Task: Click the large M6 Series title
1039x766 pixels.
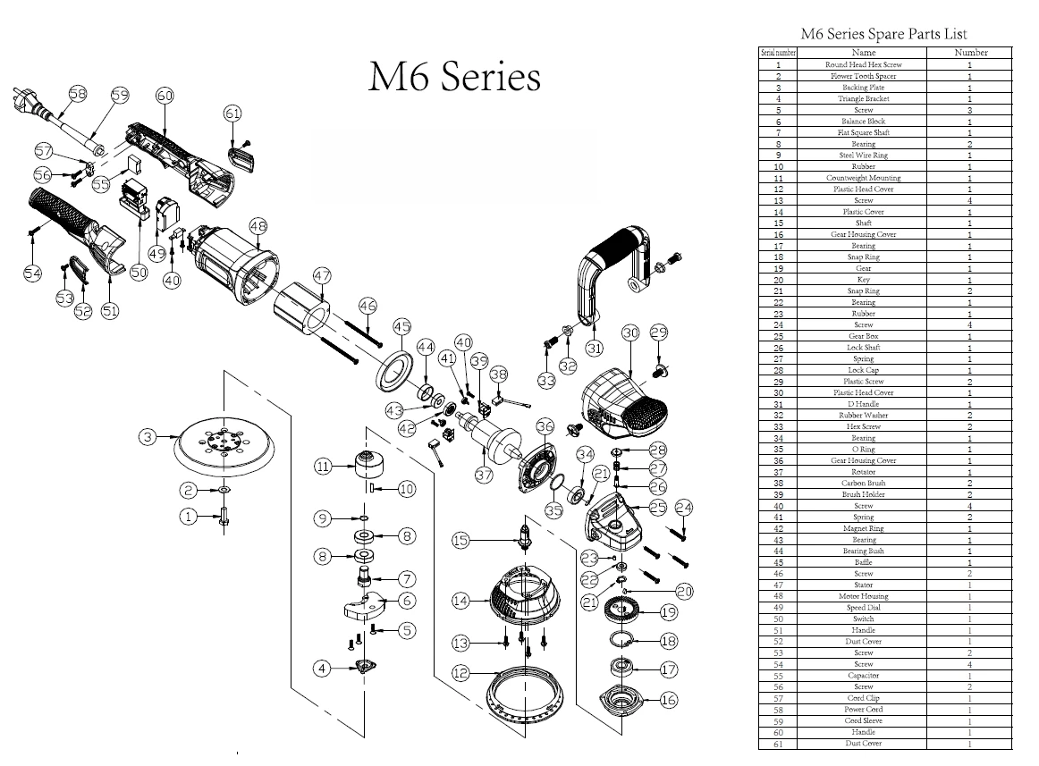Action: click(x=454, y=77)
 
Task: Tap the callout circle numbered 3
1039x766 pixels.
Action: click(x=148, y=437)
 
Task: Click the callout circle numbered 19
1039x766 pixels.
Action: click(x=669, y=612)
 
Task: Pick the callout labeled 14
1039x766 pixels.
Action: click(x=460, y=602)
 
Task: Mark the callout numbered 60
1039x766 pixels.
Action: click(x=165, y=96)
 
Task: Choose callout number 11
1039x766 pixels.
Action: click(x=323, y=466)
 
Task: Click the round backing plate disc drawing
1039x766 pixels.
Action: click(x=221, y=446)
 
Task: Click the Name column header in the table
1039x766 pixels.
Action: click(x=863, y=53)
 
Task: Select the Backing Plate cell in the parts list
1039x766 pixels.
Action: click(x=863, y=88)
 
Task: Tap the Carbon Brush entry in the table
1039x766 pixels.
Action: click(x=863, y=483)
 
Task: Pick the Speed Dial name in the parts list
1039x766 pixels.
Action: click(x=863, y=607)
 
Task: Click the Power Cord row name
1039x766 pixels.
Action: click(x=863, y=709)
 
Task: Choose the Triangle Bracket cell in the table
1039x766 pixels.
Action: click(x=863, y=98)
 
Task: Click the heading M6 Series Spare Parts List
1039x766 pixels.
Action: click(x=883, y=34)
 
